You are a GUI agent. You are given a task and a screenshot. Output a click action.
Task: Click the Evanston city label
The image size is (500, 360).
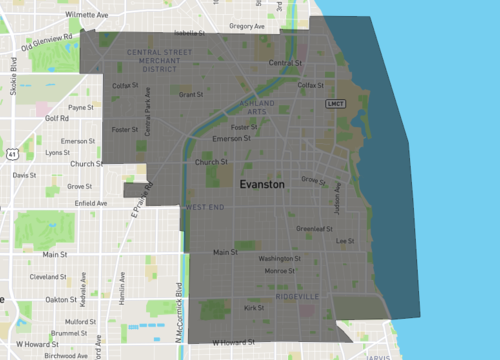[x=262, y=186]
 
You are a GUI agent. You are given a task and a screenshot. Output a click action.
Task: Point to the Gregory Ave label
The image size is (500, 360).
[x=246, y=26]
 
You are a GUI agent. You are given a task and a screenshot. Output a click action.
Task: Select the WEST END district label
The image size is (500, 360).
[x=205, y=206]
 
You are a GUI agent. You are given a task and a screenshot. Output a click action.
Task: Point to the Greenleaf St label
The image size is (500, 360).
[x=314, y=228]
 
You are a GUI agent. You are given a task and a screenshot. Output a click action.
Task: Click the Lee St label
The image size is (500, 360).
[x=345, y=241]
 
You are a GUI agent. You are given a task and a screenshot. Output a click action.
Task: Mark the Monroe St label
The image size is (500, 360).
[x=279, y=271]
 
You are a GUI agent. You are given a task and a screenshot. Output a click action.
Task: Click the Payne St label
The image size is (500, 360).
[x=80, y=107]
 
